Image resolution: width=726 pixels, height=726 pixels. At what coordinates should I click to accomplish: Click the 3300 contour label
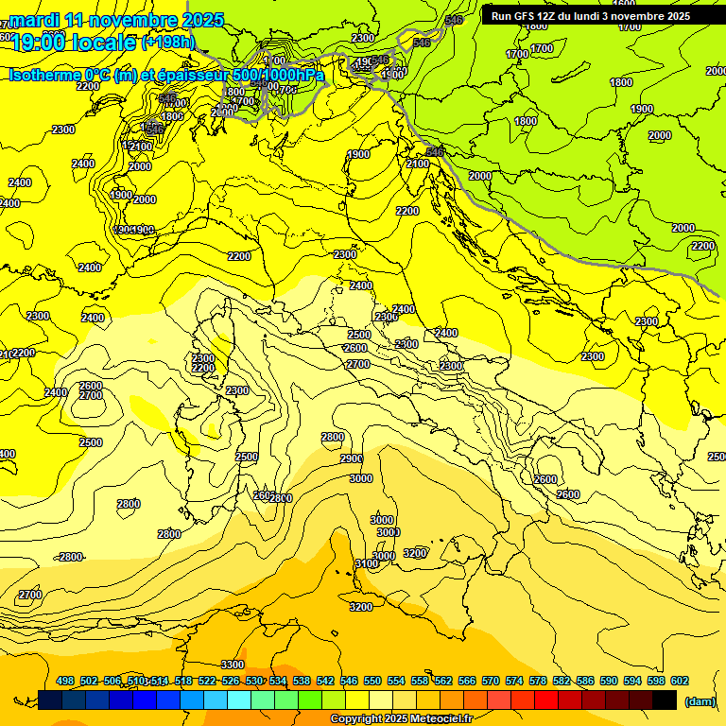pos(233,665)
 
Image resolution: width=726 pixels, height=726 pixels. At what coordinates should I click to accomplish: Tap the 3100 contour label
pos(367,563)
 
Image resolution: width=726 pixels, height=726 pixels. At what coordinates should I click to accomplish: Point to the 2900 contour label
pos(352,458)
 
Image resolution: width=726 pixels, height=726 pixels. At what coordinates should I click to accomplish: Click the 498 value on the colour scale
pos(65,681)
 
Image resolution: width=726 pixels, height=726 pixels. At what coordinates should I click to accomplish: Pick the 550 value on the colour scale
pos(372,681)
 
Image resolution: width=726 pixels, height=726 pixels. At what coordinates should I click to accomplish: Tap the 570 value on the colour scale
pos(491,681)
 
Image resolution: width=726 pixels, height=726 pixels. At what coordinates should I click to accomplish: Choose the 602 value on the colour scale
pos(680,681)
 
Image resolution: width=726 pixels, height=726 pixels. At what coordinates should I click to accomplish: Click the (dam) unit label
pos(700,700)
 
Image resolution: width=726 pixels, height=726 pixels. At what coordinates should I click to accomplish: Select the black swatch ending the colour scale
pos(665,700)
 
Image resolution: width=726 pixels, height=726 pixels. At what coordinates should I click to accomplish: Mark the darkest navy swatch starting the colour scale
pos(50,700)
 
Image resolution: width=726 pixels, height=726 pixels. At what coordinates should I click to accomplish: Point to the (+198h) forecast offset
pos(167,42)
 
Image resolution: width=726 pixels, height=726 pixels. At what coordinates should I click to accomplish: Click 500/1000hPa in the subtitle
pos(273,75)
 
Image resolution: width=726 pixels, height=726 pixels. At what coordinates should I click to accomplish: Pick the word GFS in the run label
pos(528,16)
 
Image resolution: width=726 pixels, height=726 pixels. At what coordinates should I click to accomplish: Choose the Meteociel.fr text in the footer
pos(440,719)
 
